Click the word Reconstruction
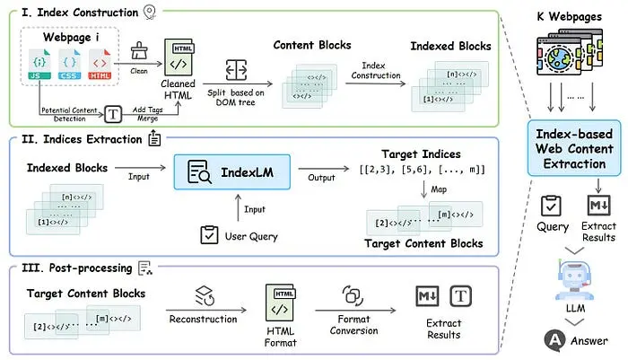tap(202, 319)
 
